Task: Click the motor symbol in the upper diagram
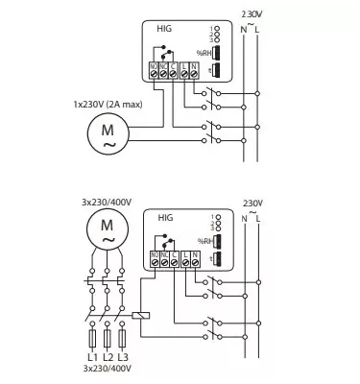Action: pyautogui.click(x=103, y=133)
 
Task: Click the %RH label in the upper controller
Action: pyautogui.click(x=204, y=52)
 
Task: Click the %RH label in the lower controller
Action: pyautogui.click(x=204, y=242)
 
